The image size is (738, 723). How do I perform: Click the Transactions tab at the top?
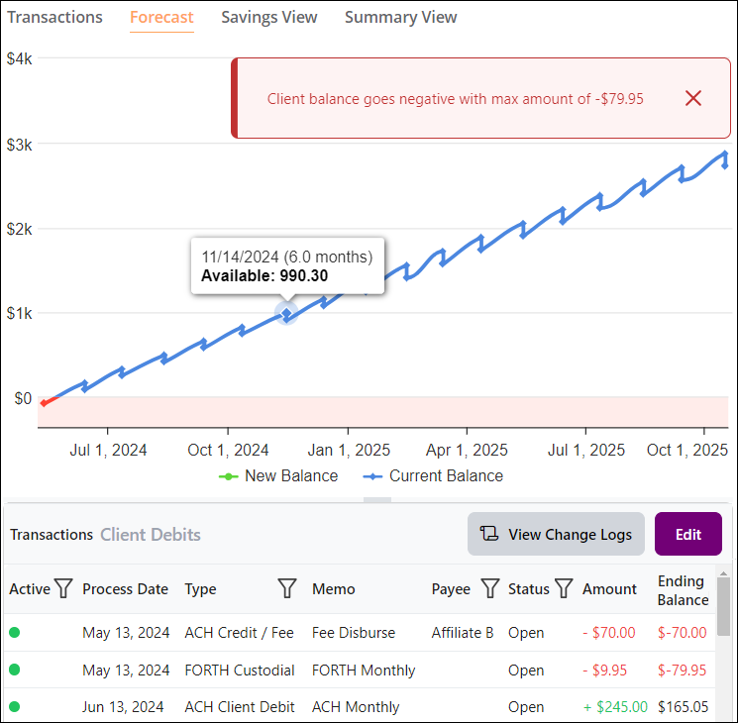point(54,17)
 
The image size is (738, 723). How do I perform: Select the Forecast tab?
point(161,17)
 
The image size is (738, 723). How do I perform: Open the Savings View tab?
point(269,17)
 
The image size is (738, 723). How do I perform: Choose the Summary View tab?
point(401,17)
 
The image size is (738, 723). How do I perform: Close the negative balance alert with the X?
point(693,98)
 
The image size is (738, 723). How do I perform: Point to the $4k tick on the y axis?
point(20,59)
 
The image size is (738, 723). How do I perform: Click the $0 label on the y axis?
point(22,399)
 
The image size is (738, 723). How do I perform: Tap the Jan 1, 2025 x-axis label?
point(348,450)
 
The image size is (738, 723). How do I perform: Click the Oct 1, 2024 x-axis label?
point(228,450)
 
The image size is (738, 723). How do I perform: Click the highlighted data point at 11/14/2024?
point(286,314)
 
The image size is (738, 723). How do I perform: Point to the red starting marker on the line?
point(44,402)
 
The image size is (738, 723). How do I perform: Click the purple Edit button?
point(688,534)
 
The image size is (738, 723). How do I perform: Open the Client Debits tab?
point(151,535)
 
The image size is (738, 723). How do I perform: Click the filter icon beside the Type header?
point(287,589)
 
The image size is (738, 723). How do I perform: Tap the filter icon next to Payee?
point(489,589)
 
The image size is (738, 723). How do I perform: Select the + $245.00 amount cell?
point(615,707)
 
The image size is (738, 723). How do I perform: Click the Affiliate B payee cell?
point(463,632)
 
